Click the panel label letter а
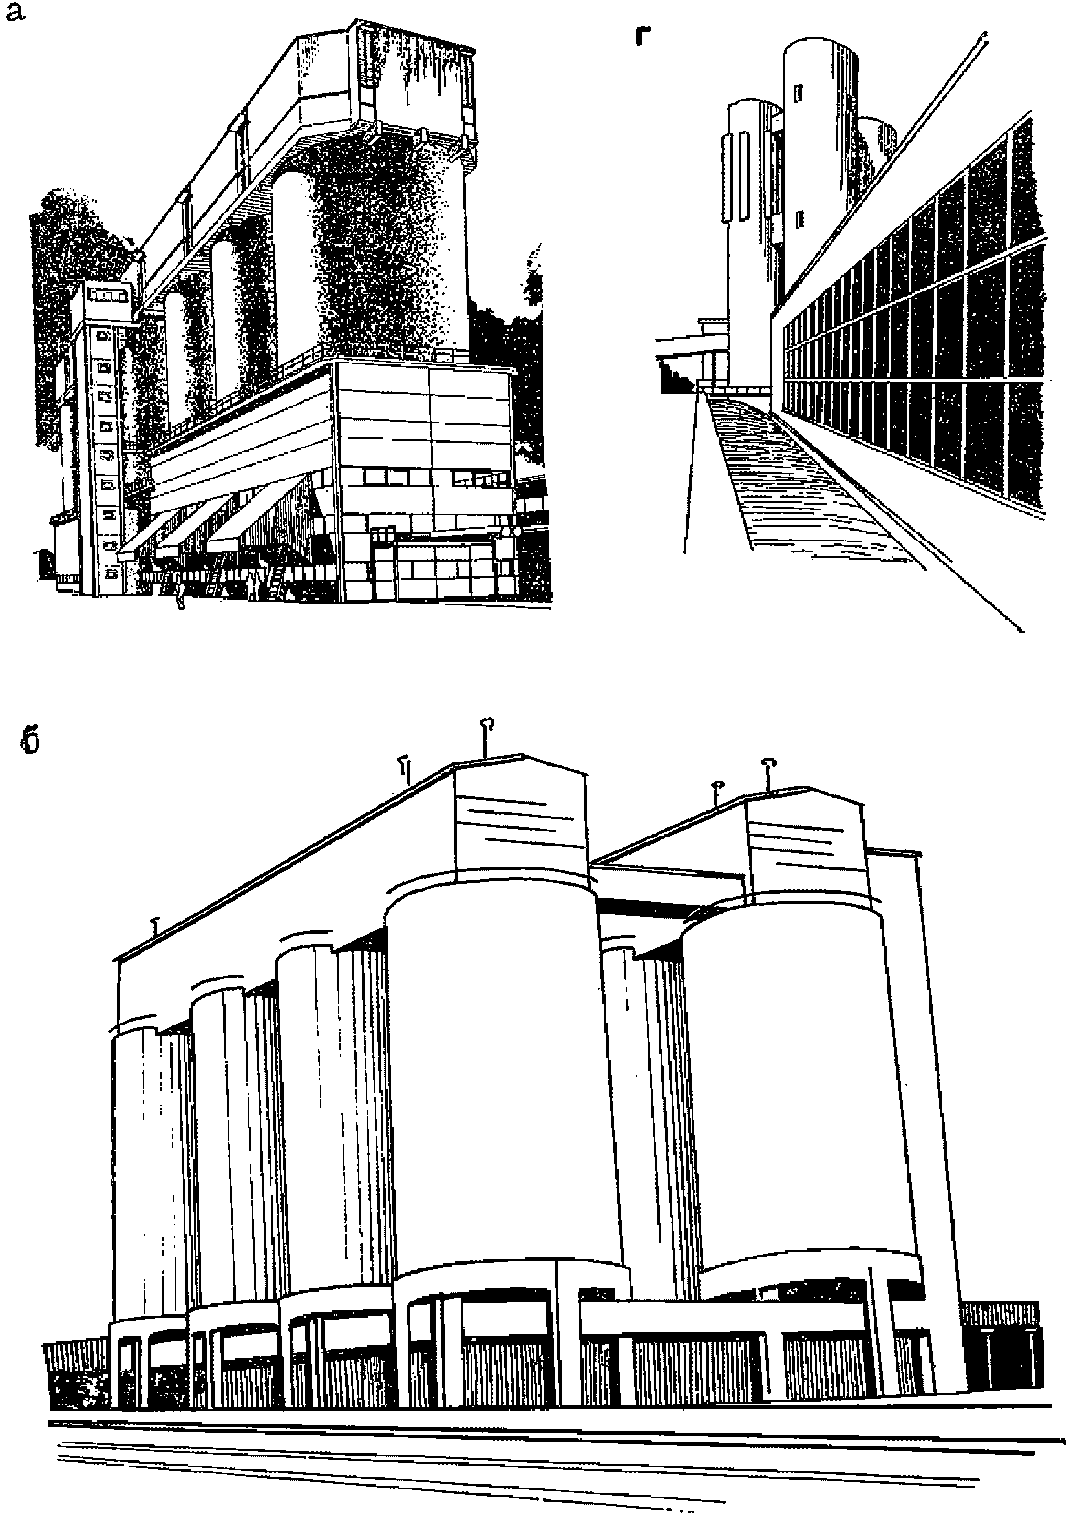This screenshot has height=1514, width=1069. [x=14, y=14]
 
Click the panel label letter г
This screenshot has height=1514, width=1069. [x=644, y=36]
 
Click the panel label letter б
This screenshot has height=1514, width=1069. [x=29, y=742]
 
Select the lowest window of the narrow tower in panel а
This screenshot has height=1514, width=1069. [x=111, y=573]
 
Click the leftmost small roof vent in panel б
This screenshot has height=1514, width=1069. [x=156, y=926]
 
